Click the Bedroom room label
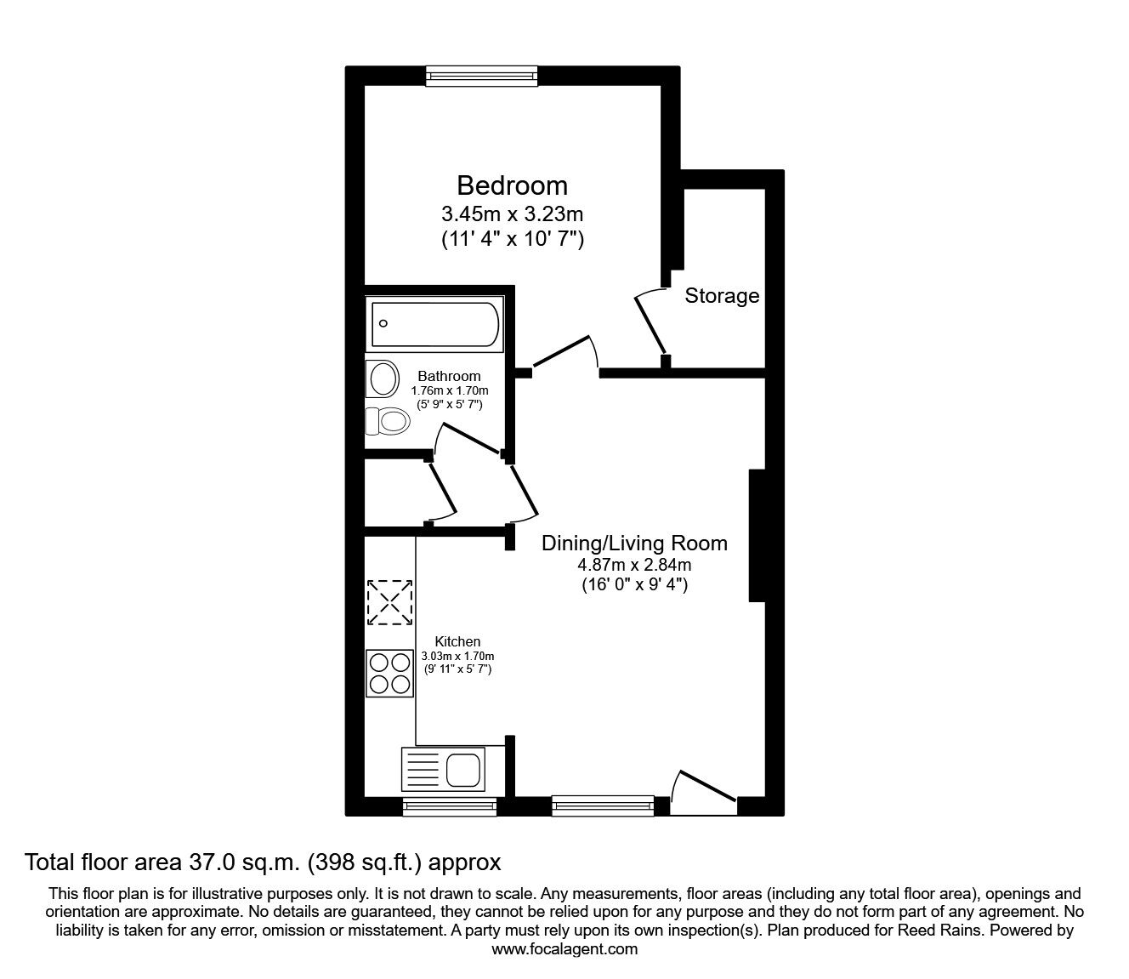[512, 185]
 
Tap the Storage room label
[722, 296]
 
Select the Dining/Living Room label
[634, 543]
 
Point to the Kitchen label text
[457, 641]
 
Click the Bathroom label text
[449, 376]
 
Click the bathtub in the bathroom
[436, 324]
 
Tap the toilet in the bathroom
[388, 420]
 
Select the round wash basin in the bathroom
[383, 379]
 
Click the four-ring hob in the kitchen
[390, 673]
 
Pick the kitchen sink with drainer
[442, 770]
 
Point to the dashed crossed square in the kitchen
[390, 602]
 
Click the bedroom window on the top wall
[482, 77]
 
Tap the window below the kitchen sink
[436, 806]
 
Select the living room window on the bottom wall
[603, 805]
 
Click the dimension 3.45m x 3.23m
[512, 213]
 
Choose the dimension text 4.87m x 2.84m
[634, 565]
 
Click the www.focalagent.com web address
[564, 949]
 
